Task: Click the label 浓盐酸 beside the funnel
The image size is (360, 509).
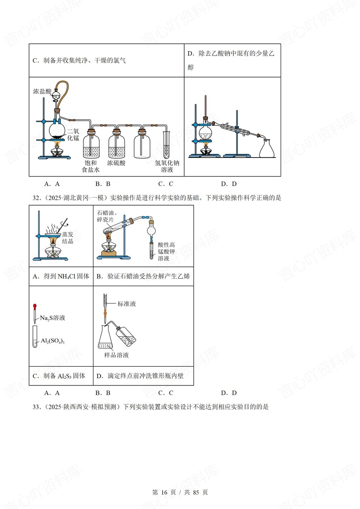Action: click(42, 91)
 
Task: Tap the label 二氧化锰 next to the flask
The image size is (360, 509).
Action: click(73, 135)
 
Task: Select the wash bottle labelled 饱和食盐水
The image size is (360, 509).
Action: click(91, 144)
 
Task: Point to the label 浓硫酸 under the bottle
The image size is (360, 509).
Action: click(116, 163)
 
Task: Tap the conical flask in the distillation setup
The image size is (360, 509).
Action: click(267, 149)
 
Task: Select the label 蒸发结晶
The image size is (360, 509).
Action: click(68, 238)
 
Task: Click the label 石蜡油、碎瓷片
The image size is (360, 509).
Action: click(106, 216)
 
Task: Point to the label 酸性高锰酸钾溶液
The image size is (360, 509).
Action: click(166, 252)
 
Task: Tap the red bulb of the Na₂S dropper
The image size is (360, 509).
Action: click(35, 306)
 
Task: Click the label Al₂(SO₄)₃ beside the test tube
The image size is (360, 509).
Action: click(53, 341)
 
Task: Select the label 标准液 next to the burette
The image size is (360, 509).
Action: click(127, 304)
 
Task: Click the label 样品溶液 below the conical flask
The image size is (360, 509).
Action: click(116, 355)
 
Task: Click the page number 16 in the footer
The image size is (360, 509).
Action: click(164, 492)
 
